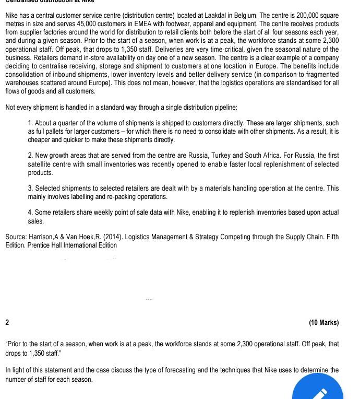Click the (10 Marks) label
[323, 322]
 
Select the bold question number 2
[7, 322]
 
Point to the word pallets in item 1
[59, 132]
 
